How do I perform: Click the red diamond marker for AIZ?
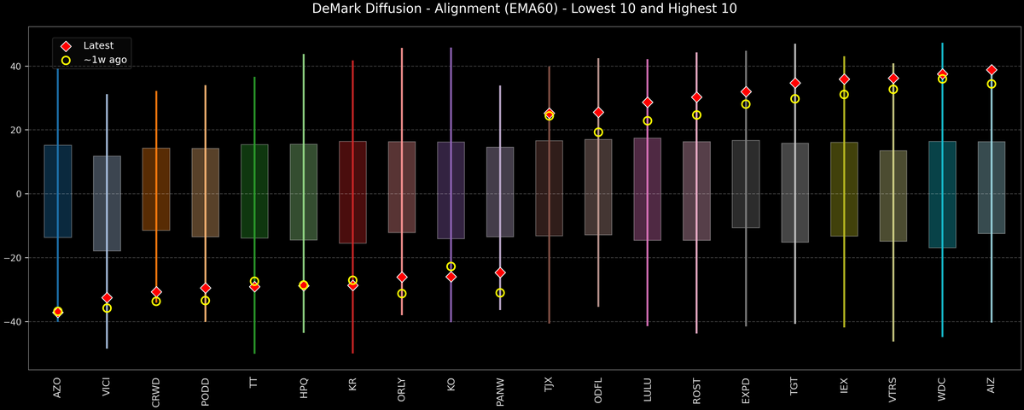click(992, 70)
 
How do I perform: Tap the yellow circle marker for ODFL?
click(598, 132)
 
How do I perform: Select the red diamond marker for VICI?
click(107, 298)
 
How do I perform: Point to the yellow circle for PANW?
click(500, 293)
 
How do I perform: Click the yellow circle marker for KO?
click(451, 266)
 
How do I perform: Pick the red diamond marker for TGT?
click(794, 83)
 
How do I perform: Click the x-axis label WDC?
click(943, 389)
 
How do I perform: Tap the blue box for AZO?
click(57, 191)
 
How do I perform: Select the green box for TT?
click(254, 191)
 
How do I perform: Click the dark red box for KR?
click(352, 192)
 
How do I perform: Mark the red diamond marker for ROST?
click(696, 97)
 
